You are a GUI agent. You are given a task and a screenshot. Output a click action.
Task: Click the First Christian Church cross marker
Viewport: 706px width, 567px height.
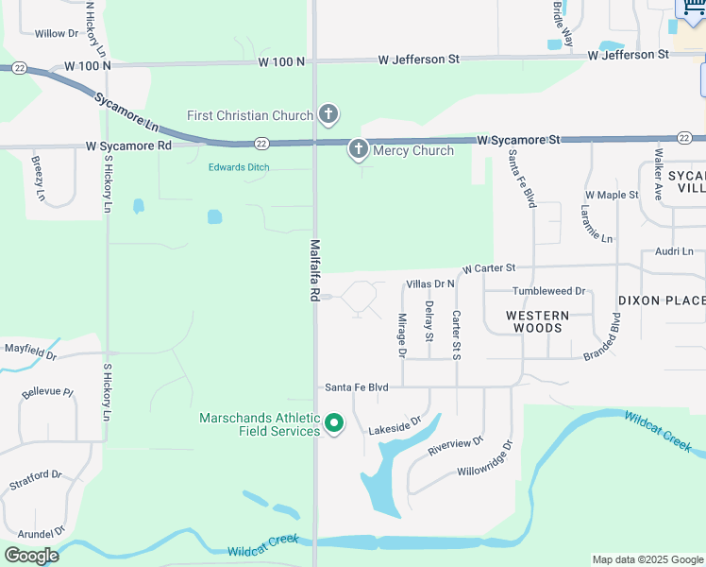point(328,115)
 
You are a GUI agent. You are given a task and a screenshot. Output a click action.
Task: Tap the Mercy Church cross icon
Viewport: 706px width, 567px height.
point(358,149)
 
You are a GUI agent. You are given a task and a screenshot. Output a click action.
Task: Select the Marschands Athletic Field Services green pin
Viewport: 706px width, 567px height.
point(333,423)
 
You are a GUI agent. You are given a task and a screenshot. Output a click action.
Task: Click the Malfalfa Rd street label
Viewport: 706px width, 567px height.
point(314,270)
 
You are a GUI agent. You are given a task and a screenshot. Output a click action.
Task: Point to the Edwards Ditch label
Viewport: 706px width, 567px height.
point(239,167)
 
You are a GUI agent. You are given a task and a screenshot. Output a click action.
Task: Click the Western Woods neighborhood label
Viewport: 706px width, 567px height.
point(537,321)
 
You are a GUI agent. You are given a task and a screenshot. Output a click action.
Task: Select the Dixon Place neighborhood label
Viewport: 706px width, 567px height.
point(662,301)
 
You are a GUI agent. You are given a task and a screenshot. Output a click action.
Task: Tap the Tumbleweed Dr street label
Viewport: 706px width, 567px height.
point(548,291)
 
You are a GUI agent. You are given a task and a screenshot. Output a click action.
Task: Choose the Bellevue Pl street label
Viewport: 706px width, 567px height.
point(47,391)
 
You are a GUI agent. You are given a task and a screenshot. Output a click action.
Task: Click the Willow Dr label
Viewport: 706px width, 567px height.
point(57,33)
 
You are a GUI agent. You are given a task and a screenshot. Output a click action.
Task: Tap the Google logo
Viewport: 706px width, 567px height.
point(31,555)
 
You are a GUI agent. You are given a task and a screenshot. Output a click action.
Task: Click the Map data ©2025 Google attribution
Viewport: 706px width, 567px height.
point(647,559)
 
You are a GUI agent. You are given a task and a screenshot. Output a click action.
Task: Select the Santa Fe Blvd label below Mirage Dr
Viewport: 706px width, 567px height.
point(357,387)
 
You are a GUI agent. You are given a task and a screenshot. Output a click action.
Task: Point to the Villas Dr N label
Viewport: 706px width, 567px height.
point(429,283)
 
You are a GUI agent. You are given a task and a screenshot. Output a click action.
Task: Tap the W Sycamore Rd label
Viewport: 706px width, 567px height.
point(128,146)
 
